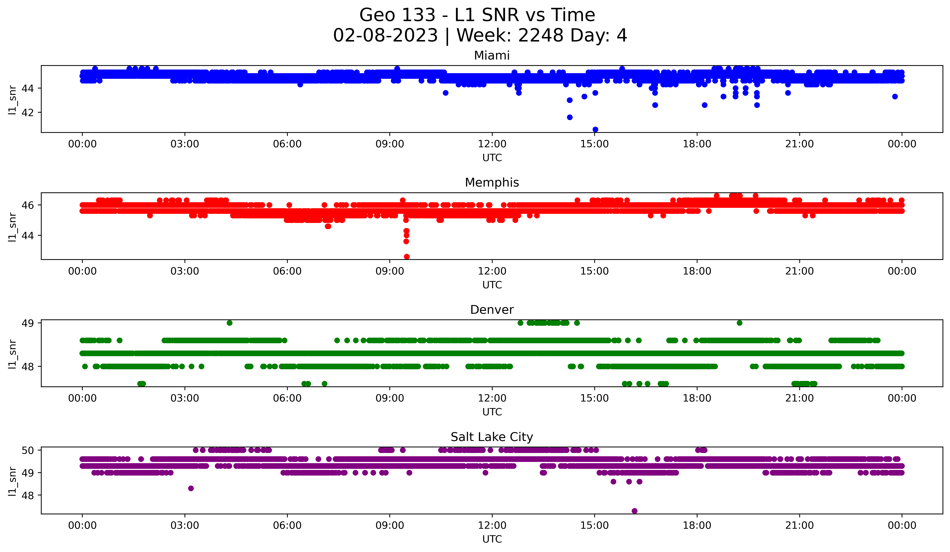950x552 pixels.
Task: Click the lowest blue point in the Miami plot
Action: [595, 129]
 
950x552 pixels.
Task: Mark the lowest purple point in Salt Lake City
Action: [634, 511]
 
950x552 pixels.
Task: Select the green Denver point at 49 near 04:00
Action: [230, 323]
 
